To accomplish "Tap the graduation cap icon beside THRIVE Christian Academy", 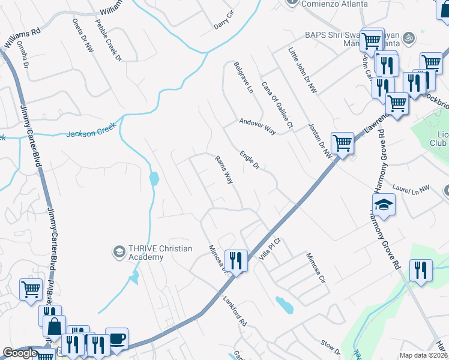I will tap(119, 251).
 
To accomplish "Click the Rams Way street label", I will tap(223, 170).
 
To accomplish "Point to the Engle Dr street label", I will tap(249, 159).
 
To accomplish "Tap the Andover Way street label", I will tap(257, 126).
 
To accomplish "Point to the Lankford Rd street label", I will tap(235, 311).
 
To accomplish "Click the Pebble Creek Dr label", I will tap(108, 40).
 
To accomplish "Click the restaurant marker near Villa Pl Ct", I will tap(236, 261).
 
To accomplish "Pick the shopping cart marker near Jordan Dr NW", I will tap(342, 144).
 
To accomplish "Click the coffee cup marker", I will tap(116, 339).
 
